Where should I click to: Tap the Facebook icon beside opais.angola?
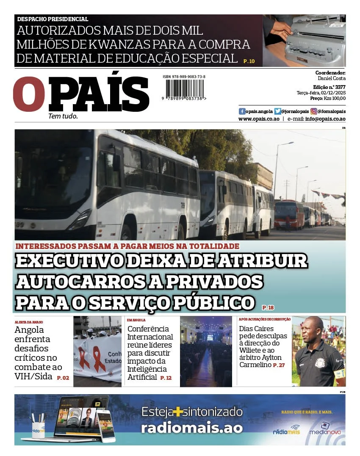242,111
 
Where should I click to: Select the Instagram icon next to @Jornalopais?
314,111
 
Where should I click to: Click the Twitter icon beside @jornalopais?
277,111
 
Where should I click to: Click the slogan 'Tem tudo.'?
63,116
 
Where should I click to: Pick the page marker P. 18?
268,307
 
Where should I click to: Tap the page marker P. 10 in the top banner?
249,61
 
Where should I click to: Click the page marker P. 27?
279,365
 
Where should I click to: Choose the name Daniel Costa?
332,78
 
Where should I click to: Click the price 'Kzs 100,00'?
335,98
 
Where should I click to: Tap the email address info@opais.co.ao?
325,119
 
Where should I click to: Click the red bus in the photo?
289,214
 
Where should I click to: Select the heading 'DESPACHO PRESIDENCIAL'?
53,19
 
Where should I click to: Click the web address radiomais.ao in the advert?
192,428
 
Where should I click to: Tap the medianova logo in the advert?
325,428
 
